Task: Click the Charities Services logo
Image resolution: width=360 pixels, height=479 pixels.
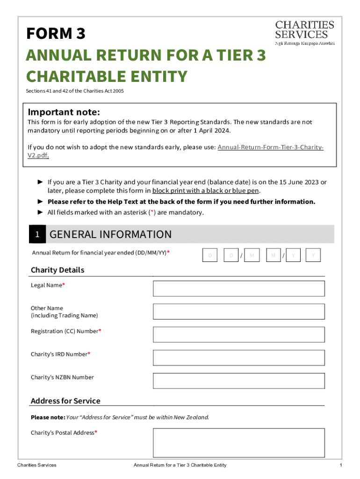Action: point(304,32)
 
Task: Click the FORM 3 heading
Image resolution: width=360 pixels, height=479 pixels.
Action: point(56,34)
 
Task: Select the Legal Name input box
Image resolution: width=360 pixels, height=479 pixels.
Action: point(238,289)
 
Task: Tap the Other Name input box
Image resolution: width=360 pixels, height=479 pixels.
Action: point(238,312)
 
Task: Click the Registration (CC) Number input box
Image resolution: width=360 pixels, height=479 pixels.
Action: point(238,334)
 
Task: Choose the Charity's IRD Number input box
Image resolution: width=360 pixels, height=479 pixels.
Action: point(238,357)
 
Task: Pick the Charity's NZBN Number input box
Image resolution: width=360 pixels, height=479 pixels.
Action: point(238,381)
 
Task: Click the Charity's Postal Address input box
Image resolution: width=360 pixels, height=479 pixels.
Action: point(238,443)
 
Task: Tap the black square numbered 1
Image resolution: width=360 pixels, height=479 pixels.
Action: point(37,235)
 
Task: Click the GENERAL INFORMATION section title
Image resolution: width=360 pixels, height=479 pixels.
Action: point(110,234)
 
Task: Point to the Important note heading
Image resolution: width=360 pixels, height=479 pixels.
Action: point(64,112)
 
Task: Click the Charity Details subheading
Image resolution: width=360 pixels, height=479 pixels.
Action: point(58,270)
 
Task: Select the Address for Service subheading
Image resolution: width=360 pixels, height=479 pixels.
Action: point(65,401)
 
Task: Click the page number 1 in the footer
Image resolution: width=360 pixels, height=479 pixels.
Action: point(341,465)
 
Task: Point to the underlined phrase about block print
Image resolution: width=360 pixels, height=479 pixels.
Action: point(206,191)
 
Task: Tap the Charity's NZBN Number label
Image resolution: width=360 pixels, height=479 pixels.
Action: point(62,377)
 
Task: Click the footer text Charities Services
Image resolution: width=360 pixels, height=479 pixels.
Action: point(36,465)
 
